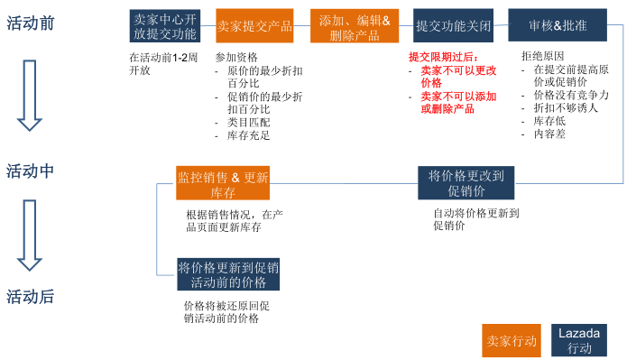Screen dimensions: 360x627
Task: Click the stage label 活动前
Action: [x=31, y=23]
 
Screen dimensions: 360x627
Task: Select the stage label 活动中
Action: [x=31, y=171]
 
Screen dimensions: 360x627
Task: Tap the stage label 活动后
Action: [x=31, y=296]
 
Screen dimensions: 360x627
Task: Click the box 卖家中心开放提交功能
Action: [x=164, y=25]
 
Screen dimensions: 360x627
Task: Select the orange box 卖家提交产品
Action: [x=255, y=25]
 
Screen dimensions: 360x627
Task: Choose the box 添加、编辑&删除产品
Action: [x=354, y=25]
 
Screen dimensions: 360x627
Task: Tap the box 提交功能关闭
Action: [x=454, y=25]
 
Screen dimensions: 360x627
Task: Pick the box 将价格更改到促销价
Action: [x=466, y=182]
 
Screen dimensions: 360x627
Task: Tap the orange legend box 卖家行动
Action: [x=512, y=340]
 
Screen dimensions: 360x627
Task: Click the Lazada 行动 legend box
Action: [x=580, y=340]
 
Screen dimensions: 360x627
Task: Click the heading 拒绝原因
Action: [x=543, y=56]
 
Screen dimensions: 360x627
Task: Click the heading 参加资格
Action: [x=236, y=57]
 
